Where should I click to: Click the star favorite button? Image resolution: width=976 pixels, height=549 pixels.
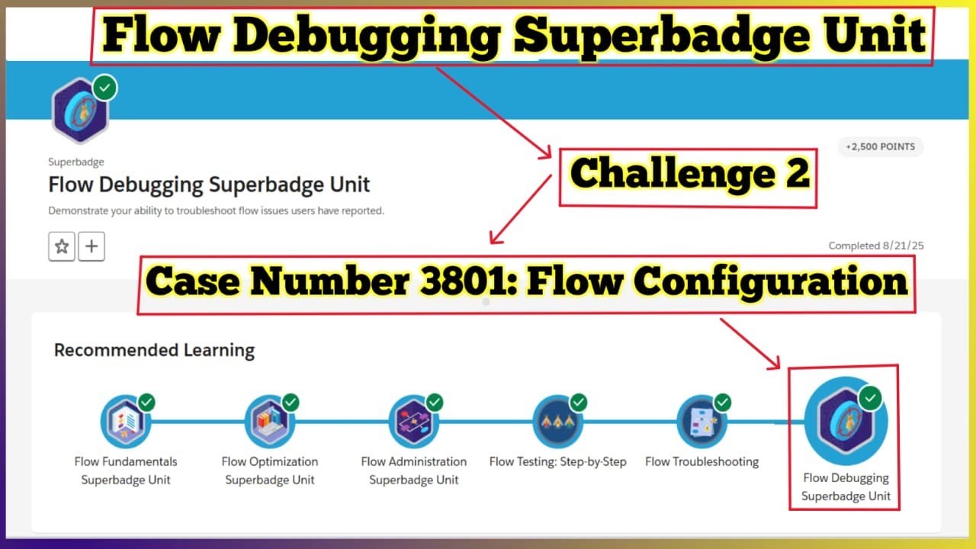click(x=62, y=247)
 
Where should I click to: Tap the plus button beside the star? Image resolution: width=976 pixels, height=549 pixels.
click(x=91, y=247)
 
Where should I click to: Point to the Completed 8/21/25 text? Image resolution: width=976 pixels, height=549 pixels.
click(x=876, y=246)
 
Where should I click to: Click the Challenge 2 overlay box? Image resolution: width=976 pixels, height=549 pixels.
click(x=688, y=175)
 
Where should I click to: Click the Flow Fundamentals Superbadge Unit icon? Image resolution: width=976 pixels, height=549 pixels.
click(x=125, y=422)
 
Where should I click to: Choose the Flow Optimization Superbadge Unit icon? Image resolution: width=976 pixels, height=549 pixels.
click(x=269, y=422)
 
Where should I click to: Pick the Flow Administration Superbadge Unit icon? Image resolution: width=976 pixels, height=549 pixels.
click(x=413, y=422)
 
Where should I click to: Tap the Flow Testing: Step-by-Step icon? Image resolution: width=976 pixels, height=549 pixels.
click(x=557, y=422)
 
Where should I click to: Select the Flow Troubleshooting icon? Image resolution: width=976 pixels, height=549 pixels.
click(x=701, y=422)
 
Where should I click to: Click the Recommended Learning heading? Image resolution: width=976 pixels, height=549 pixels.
click(x=154, y=351)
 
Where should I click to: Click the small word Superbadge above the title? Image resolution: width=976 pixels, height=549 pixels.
click(x=76, y=162)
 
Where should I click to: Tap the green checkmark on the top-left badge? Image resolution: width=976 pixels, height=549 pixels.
click(x=105, y=88)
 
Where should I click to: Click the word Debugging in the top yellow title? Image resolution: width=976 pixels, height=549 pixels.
click(x=378, y=35)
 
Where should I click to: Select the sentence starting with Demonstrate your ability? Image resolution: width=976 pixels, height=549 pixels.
click(x=216, y=210)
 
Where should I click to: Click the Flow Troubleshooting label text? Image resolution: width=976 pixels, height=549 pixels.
click(x=701, y=461)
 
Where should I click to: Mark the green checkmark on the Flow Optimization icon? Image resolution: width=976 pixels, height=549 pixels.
click(x=291, y=402)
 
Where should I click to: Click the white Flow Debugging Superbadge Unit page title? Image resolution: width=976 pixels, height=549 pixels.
click(x=209, y=185)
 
